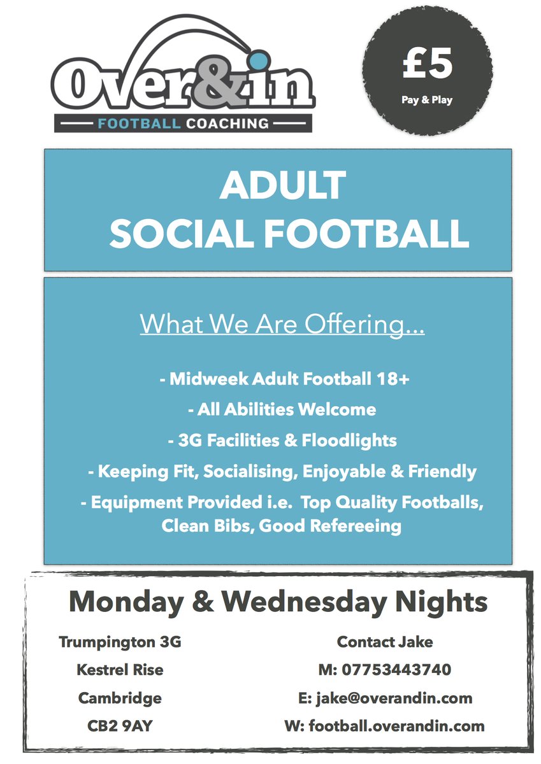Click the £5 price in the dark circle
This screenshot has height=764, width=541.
[x=428, y=66]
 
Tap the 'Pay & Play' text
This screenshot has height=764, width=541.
[x=428, y=100]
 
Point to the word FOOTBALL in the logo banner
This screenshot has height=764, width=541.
[x=139, y=123]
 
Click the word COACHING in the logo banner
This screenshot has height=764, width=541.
[x=227, y=123]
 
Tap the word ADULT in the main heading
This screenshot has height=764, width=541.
[x=282, y=187]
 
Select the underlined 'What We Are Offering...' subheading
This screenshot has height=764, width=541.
[x=282, y=324]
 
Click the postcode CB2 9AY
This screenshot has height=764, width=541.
[x=120, y=726]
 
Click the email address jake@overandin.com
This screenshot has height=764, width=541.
[x=394, y=698]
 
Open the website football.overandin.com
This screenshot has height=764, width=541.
[x=396, y=726]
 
